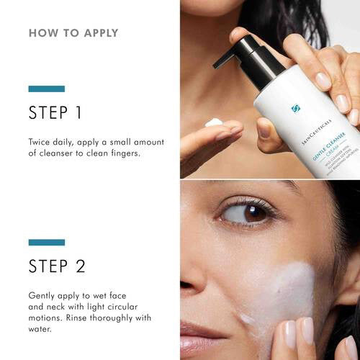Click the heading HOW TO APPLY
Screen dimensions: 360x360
click(x=73, y=33)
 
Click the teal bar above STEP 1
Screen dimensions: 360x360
click(x=46, y=89)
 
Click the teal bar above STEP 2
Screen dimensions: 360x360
click(x=46, y=242)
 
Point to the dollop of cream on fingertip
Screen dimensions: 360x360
click(x=214, y=123)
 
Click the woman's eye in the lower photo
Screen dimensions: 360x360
click(x=243, y=212)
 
